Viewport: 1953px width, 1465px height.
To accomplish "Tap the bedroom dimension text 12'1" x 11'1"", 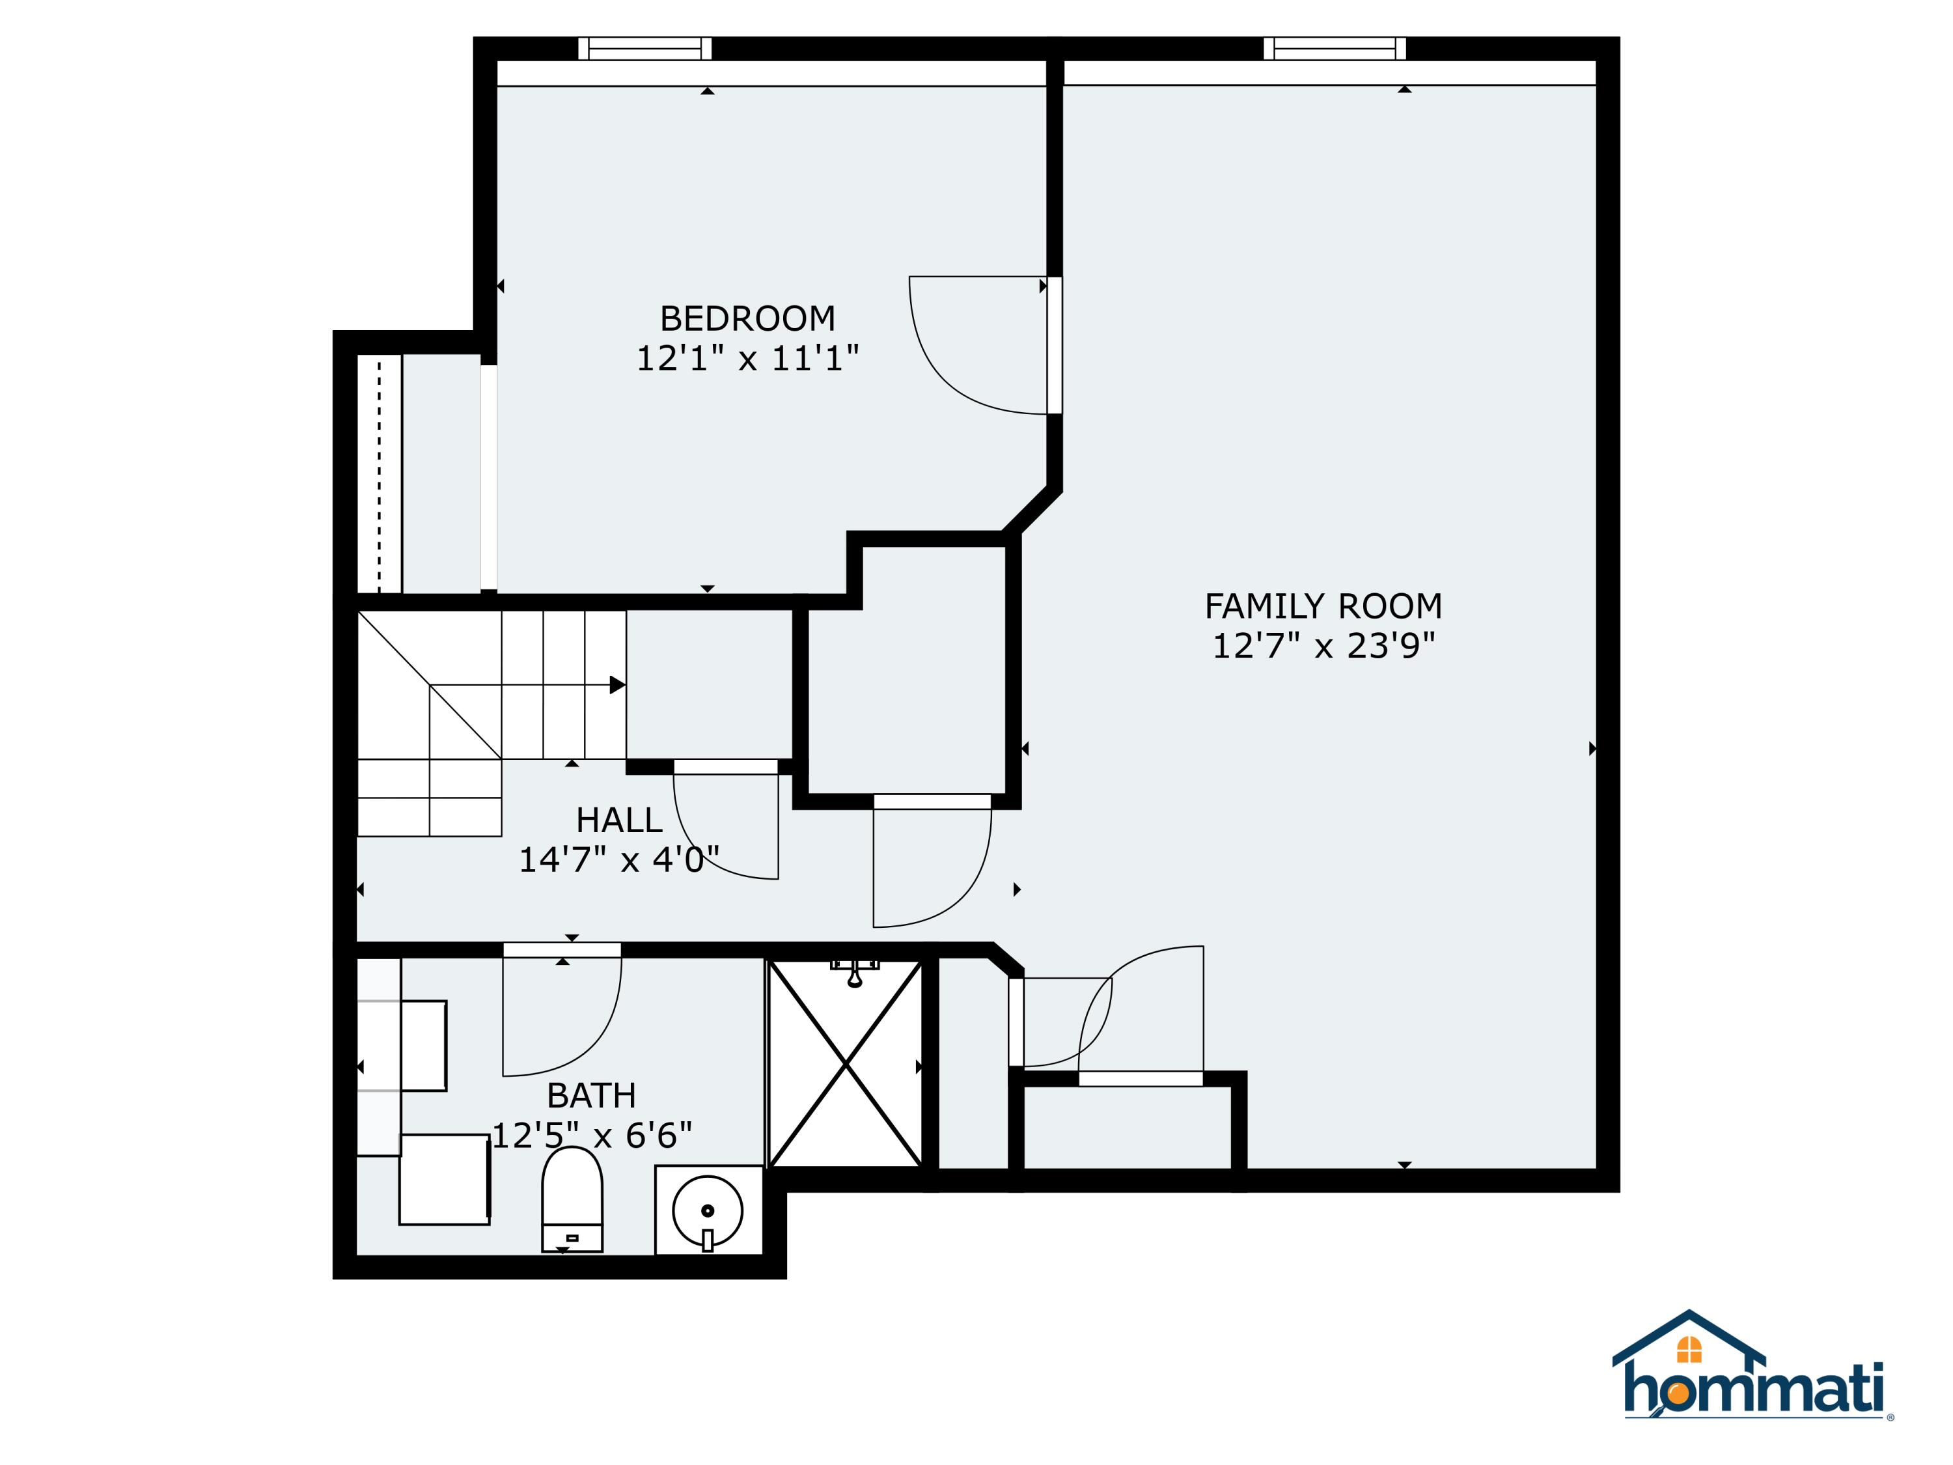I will [x=747, y=359].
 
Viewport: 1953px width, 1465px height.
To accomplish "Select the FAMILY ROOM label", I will [x=1323, y=607].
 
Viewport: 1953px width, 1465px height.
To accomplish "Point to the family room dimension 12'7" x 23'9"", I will [x=1323, y=647].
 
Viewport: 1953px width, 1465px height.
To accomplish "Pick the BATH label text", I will [x=590, y=1096].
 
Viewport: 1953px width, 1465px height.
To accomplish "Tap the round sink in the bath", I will [x=707, y=1210].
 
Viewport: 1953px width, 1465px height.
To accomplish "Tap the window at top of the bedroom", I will [x=644, y=49].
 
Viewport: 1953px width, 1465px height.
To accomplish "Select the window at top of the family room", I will [x=1333, y=49].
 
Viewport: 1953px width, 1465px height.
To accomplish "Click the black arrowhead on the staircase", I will [x=617, y=685].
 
